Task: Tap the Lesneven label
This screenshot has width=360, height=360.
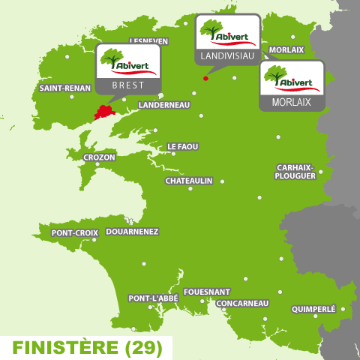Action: pos(148,41)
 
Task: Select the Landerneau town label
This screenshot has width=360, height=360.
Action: pos(165,105)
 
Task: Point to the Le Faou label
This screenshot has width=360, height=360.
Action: pos(182,146)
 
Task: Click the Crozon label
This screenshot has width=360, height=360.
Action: pos(100,157)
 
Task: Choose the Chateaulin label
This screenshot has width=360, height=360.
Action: pos(189,181)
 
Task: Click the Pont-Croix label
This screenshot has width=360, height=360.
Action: pos(74,233)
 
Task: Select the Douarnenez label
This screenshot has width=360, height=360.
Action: pos(132,232)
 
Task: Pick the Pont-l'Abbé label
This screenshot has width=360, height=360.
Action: pos(153,298)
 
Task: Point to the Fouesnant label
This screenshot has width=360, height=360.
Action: pos(206,292)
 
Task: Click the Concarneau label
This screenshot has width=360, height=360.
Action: pos(242,303)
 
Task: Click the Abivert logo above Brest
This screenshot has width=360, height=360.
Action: pos(129,61)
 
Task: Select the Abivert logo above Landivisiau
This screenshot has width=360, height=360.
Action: pos(227,31)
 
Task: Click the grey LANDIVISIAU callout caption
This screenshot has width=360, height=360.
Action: pos(227,56)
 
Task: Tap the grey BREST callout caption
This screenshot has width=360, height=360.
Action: pos(128,85)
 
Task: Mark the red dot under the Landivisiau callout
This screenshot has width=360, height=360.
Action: pos(205,78)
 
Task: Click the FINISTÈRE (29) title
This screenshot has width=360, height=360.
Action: pos(84,348)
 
